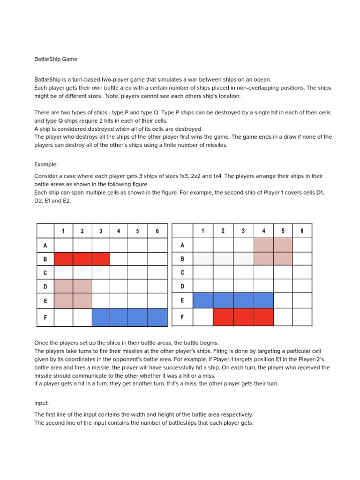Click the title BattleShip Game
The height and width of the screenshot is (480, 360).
pos(56,60)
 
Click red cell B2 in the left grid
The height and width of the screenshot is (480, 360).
pos(82,259)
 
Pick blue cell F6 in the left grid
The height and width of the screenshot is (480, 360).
pos(157,317)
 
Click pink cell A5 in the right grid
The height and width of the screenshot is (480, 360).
pos(283,245)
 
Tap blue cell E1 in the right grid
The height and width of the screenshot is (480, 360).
pos(202,300)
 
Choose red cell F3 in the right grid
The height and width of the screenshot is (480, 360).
pos(243,317)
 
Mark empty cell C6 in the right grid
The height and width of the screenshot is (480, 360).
pos(302,272)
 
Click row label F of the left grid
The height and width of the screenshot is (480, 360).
pos(45,317)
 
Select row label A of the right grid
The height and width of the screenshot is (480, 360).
pos(182,245)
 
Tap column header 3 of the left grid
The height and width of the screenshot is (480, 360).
pos(100,231)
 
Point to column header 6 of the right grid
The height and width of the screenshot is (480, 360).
pos(302,231)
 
